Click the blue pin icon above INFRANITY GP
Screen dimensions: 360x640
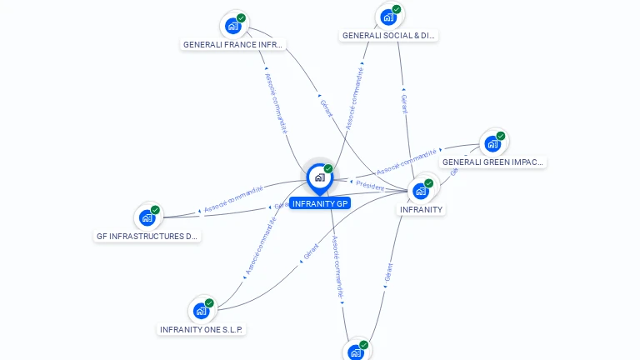click(319, 177)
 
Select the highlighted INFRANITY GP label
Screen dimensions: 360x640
click(320, 203)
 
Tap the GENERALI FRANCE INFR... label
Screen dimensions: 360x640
click(233, 44)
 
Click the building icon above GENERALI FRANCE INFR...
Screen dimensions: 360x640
click(233, 26)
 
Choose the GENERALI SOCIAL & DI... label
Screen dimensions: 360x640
click(389, 36)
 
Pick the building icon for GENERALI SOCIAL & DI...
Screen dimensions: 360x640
click(388, 17)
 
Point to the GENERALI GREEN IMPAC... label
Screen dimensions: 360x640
click(492, 162)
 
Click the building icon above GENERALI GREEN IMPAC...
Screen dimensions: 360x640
click(492, 143)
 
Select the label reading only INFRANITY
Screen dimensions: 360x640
click(421, 209)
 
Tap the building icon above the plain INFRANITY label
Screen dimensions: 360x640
click(421, 191)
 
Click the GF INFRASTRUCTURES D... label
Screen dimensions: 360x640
click(147, 236)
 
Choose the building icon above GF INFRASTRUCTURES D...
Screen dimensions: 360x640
click(147, 217)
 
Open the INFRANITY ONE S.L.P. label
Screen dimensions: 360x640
click(201, 329)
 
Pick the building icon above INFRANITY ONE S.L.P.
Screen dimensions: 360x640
click(201, 311)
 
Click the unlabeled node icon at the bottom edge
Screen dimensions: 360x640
click(356, 352)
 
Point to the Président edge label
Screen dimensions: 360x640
click(369, 186)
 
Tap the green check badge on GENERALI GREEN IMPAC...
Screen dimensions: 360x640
click(501, 136)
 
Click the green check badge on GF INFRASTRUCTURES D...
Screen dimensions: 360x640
click(156, 210)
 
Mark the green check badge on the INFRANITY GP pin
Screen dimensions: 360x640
click(328, 168)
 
